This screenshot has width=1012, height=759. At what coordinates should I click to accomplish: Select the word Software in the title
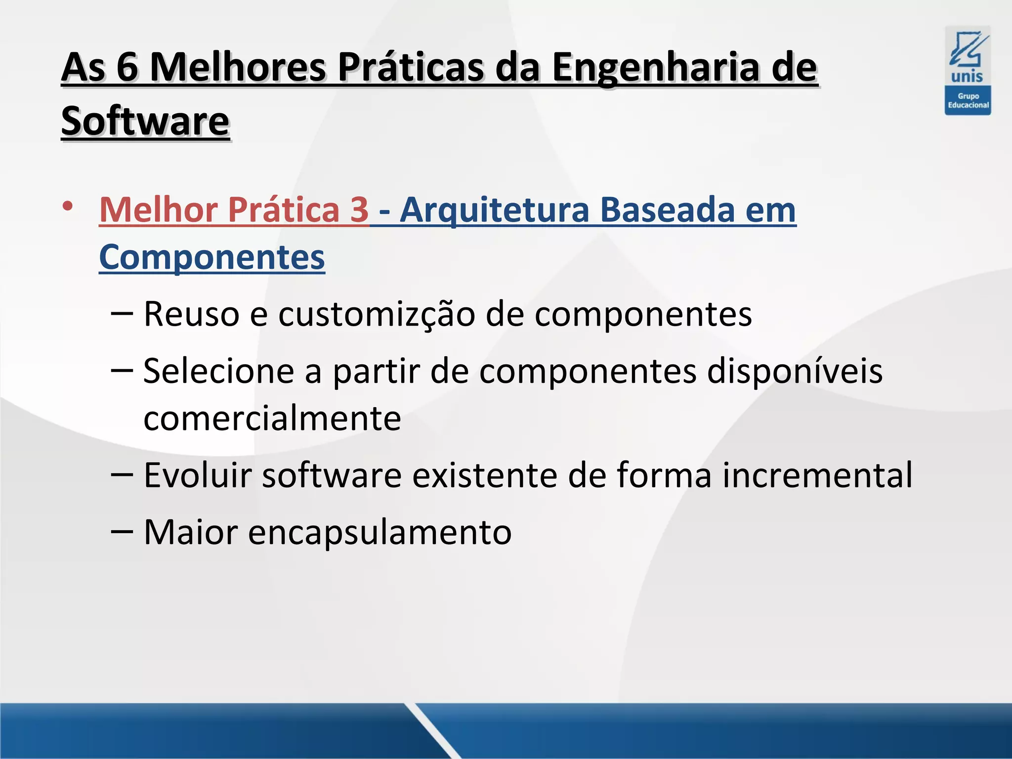[145, 121]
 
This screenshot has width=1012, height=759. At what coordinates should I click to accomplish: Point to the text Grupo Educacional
[968, 101]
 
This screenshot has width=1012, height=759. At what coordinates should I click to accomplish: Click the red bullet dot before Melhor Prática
[68, 206]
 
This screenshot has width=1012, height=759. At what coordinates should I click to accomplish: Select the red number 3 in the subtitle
[359, 210]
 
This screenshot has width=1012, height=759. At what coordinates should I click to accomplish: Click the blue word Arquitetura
[495, 210]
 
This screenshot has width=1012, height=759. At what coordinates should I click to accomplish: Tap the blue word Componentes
[212, 257]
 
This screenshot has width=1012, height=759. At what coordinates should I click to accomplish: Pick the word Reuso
[192, 314]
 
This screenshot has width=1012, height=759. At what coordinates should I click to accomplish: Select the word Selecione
[219, 371]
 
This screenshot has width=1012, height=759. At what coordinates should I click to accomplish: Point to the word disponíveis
[795, 371]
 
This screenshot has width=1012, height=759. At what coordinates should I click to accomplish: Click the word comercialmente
[272, 419]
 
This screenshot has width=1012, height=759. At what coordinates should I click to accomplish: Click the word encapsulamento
[379, 532]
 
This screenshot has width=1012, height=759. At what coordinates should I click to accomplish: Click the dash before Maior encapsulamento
[122, 532]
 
